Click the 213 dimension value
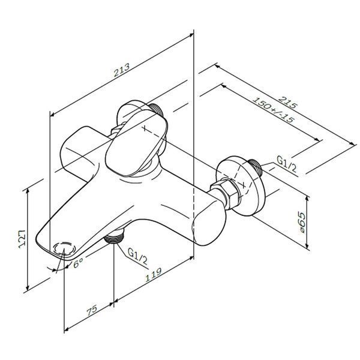[121, 70]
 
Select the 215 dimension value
[287, 102]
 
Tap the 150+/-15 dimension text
[273, 110]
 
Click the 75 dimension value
[92, 310]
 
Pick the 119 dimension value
[154, 275]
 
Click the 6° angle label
[78, 262]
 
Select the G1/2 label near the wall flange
[286, 164]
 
